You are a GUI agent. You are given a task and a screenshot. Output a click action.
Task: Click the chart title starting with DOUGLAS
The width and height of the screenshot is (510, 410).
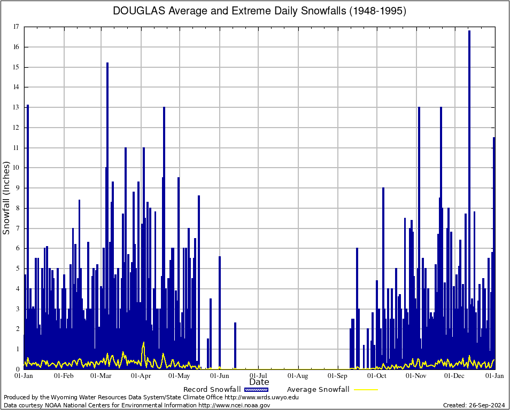pos(259,11)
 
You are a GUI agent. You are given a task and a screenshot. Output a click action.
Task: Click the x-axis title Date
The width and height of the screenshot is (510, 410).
pos(259,382)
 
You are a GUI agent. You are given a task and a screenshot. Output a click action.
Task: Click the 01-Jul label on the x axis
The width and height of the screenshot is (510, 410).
pos(258,375)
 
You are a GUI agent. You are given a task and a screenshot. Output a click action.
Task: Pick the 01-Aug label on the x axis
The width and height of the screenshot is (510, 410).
pos(298,375)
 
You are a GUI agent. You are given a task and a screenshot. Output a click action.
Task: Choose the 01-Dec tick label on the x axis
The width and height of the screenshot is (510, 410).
pos(455,375)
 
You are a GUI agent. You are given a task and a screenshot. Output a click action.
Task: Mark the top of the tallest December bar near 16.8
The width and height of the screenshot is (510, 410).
pos(469,31)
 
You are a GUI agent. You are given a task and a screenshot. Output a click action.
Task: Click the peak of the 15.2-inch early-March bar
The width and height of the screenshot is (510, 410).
pos(107,64)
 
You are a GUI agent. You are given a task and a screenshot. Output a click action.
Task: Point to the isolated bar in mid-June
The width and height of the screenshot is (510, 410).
pos(235,324)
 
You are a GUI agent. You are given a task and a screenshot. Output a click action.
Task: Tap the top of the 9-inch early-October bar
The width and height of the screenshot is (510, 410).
pos(383,188)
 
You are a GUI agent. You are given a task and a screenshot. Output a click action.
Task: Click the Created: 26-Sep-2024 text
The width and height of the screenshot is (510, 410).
pos(474,405)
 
